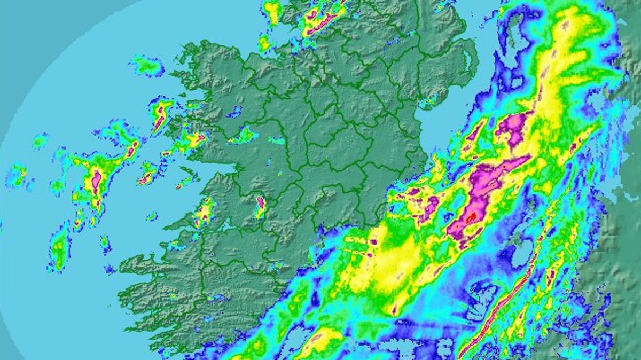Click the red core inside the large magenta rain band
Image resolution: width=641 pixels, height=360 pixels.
pos(471,217)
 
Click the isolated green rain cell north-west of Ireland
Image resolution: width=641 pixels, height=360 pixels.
pos(147,66)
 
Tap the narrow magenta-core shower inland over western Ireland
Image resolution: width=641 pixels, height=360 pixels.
pos(260,205)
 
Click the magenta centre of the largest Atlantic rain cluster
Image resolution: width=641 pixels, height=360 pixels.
pos(96,182)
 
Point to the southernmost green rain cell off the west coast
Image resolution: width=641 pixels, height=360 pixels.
pos(59,248)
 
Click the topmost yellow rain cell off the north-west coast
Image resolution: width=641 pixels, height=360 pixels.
pos(272,11)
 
